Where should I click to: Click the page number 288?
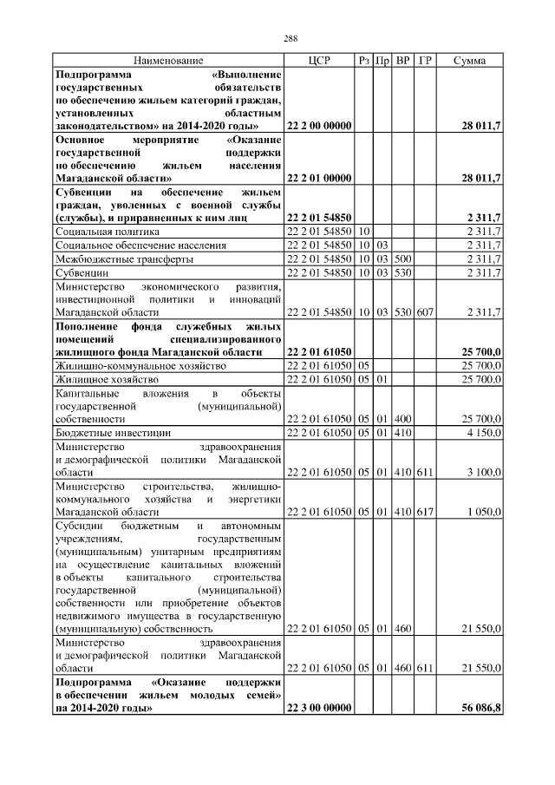tap(277, 37)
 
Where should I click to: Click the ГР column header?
tap(425, 60)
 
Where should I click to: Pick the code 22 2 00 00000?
tap(318, 126)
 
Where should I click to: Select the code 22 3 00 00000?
tap(318, 709)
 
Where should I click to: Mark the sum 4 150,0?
tap(486, 431)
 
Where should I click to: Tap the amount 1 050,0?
tap(486, 511)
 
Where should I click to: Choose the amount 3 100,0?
tap(486, 471)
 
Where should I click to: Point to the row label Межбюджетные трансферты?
tap(125, 258)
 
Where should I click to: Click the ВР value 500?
tap(402, 258)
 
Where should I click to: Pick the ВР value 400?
tap(402, 418)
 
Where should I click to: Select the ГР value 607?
tap(425, 311)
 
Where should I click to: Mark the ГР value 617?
tap(425, 511)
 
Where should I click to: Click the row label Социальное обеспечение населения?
tap(140, 245)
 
